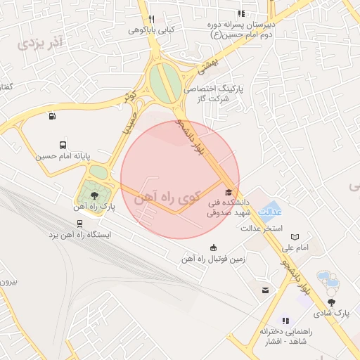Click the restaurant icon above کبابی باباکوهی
[x=151, y=19]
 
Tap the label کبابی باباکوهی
[x=151, y=30]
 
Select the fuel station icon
[x=52, y=117]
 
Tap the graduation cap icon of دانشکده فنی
[x=227, y=191]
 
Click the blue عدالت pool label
[x=271, y=212]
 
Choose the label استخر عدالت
[x=262, y=229]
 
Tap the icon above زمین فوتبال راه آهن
[x=213, y=247]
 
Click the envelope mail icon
[x=265, y=290]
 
